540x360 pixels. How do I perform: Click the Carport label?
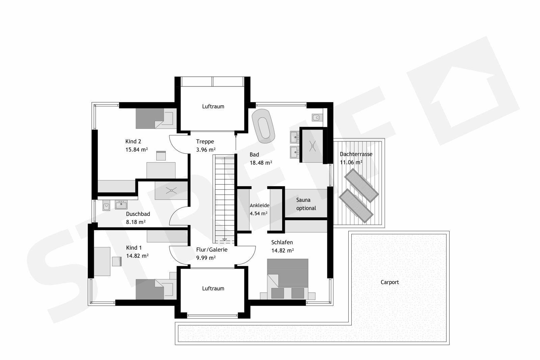point(389,282)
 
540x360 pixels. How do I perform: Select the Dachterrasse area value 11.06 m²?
point(351,162)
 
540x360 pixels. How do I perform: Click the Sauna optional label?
point(306,204)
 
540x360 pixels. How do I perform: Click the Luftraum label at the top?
point(213,106)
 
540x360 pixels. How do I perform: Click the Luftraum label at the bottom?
point(213,288)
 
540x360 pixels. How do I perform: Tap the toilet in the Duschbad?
point(106,206)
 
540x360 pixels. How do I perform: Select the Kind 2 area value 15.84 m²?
point(136,149)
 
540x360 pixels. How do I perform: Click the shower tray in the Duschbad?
point(171,191)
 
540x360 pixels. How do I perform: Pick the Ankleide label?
point(259,205)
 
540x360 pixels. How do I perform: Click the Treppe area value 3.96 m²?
point(206,149)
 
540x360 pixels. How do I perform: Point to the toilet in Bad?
point(317,117)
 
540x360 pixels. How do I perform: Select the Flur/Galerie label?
point(212,250)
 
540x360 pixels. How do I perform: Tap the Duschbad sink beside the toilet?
point(121,204)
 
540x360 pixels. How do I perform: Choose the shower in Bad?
point(313,145)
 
